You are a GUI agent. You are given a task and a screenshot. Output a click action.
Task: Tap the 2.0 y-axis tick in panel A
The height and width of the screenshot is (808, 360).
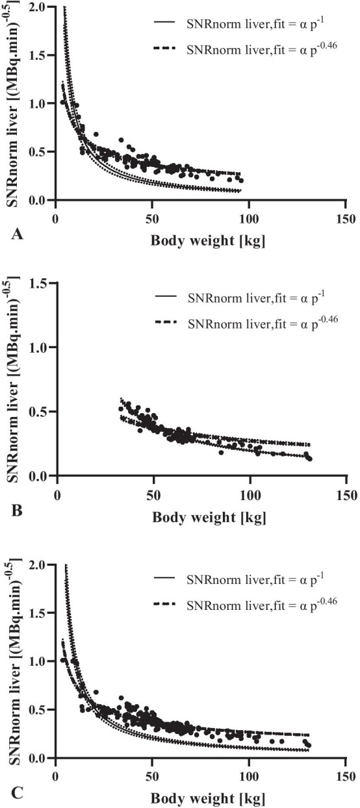click(x=39, y=6)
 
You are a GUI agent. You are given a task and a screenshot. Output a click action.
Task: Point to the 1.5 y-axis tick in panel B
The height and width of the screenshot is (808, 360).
click(x=39, y=283)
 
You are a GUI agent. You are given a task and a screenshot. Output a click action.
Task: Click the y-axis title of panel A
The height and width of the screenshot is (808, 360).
click(x=13, y=104)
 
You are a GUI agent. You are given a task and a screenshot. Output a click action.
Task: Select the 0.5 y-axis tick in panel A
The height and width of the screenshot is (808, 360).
click(x=39, y=152)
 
